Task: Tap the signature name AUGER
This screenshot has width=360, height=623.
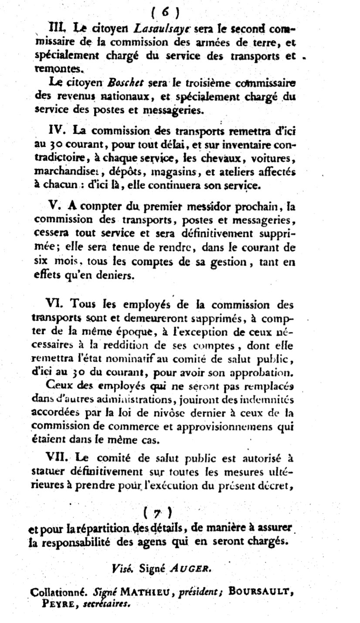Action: (190, 568)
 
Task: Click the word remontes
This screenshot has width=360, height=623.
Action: (57, 68)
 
